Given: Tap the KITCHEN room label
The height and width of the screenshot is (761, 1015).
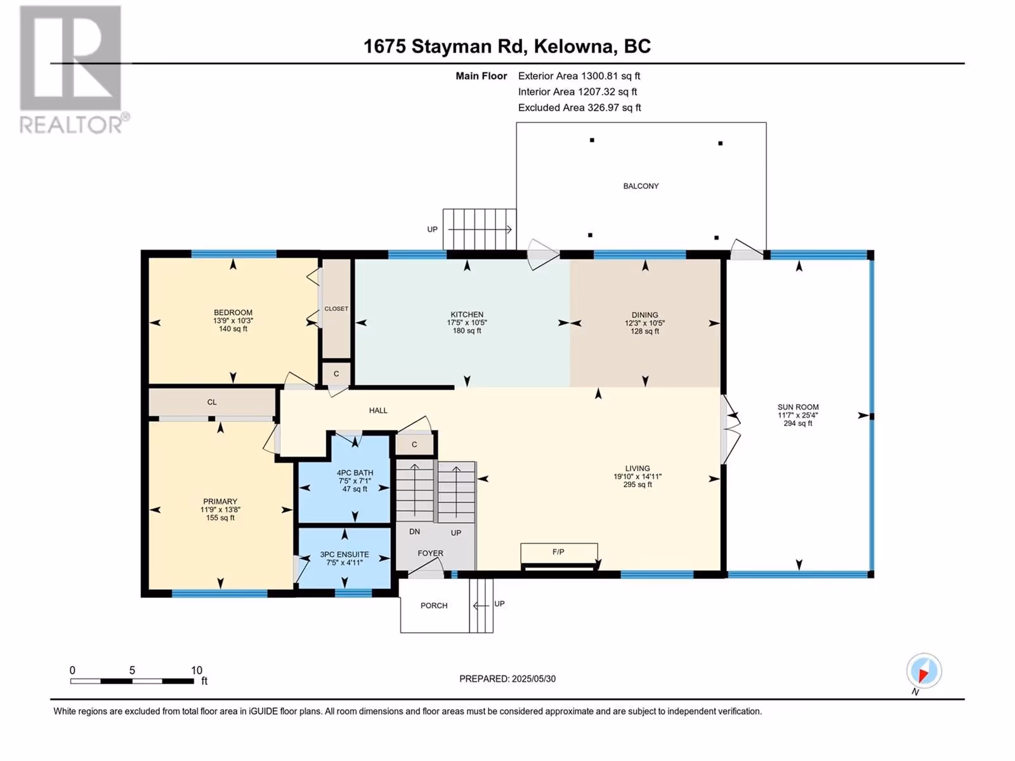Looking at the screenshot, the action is (467, 315).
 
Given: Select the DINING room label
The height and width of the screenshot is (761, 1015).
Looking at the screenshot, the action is (645, 315).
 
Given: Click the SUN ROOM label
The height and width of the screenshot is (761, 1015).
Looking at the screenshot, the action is (797, 407).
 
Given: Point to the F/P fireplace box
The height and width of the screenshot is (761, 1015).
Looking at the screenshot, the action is (559, 552).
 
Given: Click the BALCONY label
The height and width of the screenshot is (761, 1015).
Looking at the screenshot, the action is (641, 186).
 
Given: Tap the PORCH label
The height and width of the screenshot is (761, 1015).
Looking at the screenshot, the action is (434, 606).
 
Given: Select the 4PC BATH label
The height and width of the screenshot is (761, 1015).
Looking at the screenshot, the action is (355, 472).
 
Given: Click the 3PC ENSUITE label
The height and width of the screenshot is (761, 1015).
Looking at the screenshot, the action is (344, 554).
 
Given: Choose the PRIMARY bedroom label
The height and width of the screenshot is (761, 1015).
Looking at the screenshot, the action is (220, 502).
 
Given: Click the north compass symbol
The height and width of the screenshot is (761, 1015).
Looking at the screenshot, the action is (924, 670).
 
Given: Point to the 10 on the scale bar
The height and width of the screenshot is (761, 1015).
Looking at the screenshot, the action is (197, 670).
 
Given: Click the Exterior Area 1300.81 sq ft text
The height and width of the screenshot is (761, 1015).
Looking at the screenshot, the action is (579, 75).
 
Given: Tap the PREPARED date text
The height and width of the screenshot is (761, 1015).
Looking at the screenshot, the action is (507, 679).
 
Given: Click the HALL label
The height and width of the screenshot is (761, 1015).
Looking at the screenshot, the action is (378, 410).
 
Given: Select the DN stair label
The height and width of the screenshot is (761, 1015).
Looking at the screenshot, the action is (414, 532).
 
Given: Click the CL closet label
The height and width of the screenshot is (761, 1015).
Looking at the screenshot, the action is (212, 403).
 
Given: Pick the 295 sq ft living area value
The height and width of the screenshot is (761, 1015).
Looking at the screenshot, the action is (637, 485).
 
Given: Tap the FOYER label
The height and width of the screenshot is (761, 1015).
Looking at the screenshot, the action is (431, 554).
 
